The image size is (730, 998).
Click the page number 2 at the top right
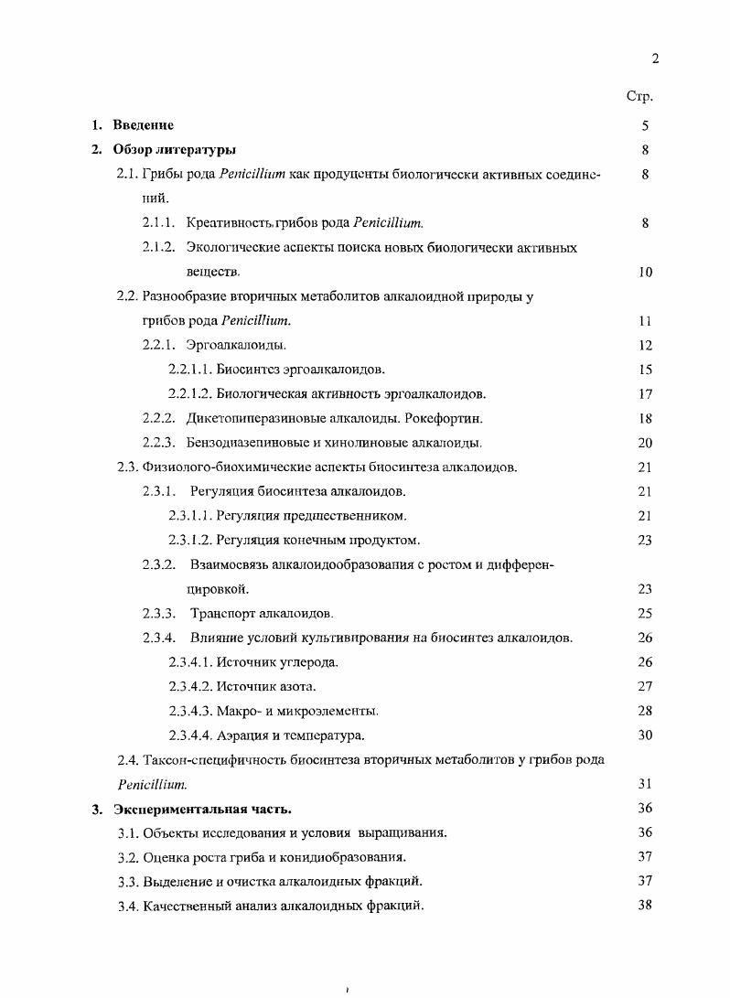pos(654,59)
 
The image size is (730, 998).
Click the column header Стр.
pos(639,96)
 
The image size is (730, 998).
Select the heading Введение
pos(143,125)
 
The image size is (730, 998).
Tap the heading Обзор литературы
pos(175,149)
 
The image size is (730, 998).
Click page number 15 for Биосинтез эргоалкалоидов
pos(645,370)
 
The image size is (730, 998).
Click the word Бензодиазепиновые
pos(242,443)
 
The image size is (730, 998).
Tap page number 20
pos(645,443)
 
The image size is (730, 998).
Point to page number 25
pos(645,613)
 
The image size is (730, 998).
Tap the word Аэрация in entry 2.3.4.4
pos(242,735)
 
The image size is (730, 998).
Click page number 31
pos(645,784)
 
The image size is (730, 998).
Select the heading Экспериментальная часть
pos(202,809)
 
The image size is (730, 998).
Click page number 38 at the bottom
pos(645,906)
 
